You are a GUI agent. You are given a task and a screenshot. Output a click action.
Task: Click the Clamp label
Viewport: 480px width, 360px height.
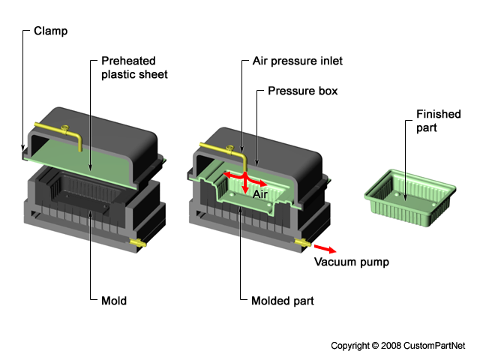(x=49, y=32)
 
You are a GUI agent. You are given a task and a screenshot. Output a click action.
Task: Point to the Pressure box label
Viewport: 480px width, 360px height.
(x=302, y=91)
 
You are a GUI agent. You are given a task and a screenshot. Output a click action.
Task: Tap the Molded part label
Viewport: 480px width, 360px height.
(x=282, y=301)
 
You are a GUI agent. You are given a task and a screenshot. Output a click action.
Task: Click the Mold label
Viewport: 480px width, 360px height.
(x=113, y=301)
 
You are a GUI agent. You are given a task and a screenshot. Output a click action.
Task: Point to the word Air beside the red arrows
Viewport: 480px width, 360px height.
(x=260, y=193)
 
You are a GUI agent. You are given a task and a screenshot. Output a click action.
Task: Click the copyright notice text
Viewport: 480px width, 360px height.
(x=398, y=346)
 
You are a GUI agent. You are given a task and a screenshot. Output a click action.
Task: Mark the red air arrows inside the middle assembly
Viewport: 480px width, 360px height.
(x=244, y=180)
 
